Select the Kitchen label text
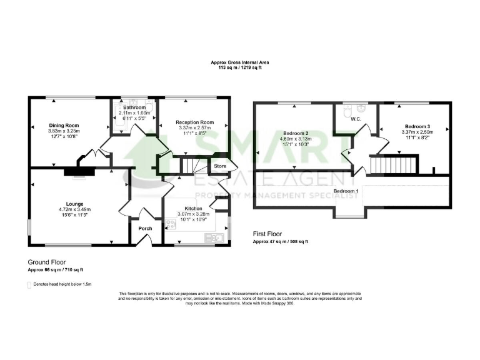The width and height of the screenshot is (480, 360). [193, 207]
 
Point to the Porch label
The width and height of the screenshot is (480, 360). [145, 229]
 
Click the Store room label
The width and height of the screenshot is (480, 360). [220, 166]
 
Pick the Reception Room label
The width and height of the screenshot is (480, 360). [194, 122]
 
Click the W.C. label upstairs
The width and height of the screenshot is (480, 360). [357, 118]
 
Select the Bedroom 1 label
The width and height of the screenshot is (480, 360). [345, 191]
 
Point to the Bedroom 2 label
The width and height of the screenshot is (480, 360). [296, 133]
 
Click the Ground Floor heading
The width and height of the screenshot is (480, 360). [47, 262]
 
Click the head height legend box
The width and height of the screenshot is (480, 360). [29, 284]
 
